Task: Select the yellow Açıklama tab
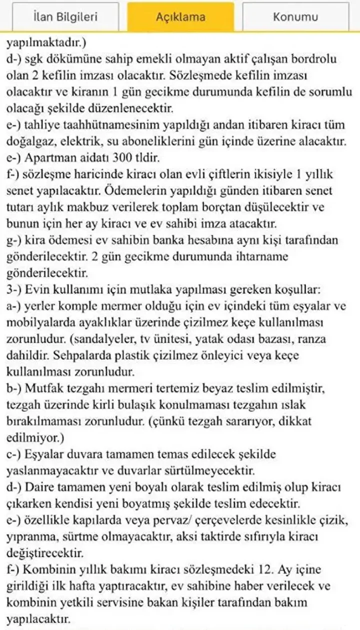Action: (180, 17)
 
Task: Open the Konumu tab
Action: (295, 17)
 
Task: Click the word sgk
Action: (36, 59)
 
